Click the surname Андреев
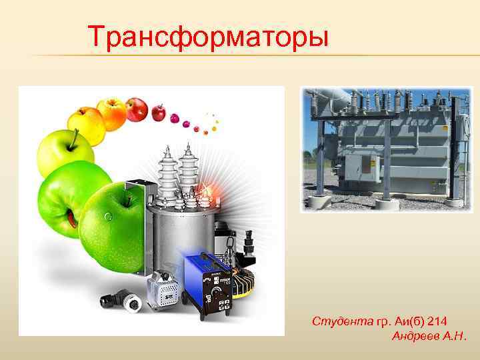tap(417, 337)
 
